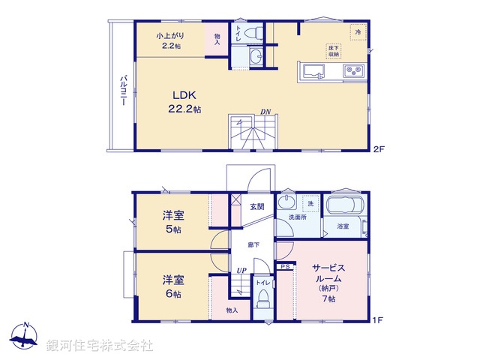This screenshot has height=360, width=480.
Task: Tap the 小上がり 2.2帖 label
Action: [x=169, y=40]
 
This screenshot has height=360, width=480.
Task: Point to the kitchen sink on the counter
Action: [x=313, y=71]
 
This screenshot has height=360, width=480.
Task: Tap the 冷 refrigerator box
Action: [x=358, y=32]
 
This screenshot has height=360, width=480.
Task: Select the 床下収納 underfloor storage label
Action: [x=333, y=51]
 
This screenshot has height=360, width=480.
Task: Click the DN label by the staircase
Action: [x=265, y=112]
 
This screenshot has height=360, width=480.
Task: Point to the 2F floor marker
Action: [x=379, y=149]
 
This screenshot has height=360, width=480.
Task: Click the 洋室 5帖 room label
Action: [x=174, y=223]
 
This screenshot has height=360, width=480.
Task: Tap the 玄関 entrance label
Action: [x=257, y=207]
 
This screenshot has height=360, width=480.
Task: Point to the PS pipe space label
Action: [x=285, y=265]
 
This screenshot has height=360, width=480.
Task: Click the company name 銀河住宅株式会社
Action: [x=100, y=346]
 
